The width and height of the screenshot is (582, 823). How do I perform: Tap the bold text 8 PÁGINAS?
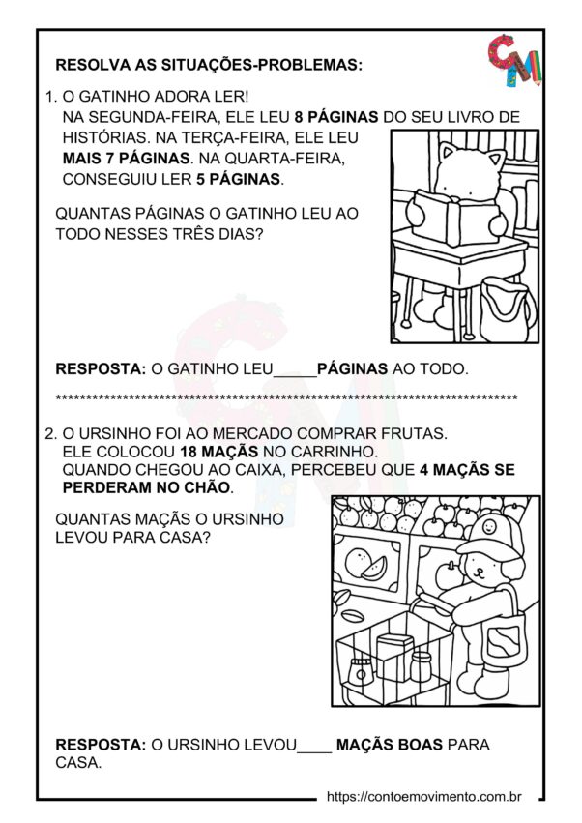point(336,117)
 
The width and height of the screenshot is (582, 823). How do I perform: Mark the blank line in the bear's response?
point(314,745)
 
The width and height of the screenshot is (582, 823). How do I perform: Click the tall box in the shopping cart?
point(394,657)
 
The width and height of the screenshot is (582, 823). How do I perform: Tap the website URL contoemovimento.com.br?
point(424,797)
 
